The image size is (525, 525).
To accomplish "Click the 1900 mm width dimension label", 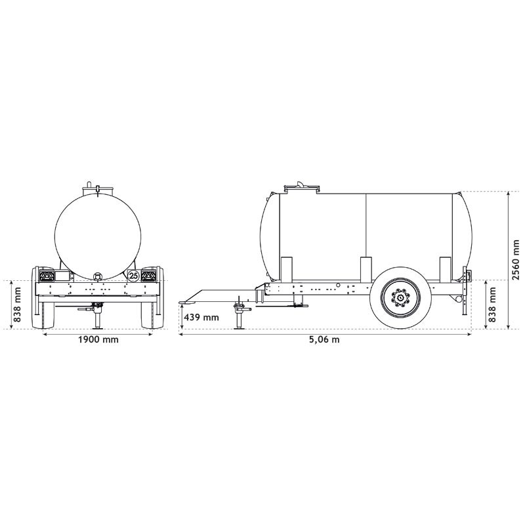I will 98,340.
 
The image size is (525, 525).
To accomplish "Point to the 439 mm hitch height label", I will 201,317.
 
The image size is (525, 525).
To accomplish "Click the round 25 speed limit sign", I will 133,276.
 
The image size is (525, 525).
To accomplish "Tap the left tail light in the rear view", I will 46,275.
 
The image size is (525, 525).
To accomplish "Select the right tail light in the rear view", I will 150,275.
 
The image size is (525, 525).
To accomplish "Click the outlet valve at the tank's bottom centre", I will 98,276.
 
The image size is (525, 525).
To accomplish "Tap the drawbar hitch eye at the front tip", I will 185,303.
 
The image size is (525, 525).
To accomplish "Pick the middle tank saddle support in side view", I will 366,269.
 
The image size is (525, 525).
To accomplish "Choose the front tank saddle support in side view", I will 287,269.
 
